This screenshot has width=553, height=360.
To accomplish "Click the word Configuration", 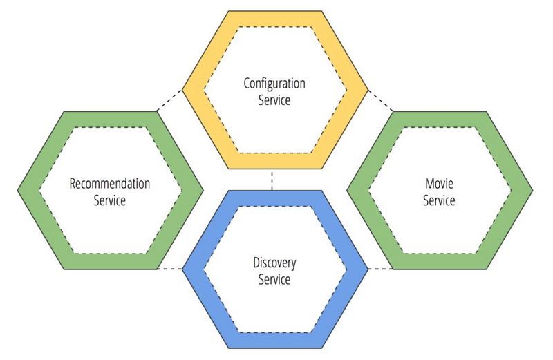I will (274, 84).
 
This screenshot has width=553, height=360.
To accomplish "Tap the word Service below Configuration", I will (274, 100).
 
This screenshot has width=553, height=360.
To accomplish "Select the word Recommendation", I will (109, 184).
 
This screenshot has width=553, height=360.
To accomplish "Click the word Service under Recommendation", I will (109, 200).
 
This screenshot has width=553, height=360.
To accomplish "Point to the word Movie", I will (439, 184).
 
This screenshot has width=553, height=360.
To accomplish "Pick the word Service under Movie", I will (439, 200).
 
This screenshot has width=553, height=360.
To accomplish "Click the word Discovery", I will (274, 263).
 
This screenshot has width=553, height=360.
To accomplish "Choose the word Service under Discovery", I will (274, 280).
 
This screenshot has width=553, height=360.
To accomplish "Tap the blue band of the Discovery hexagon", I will (274, 338).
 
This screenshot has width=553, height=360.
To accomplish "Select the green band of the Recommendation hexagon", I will (109, 118).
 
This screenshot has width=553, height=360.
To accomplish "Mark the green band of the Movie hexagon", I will (439, 118).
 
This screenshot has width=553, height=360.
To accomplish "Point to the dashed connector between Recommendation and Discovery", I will (169, 268).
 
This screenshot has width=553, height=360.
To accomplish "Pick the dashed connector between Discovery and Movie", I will (379, 268).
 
